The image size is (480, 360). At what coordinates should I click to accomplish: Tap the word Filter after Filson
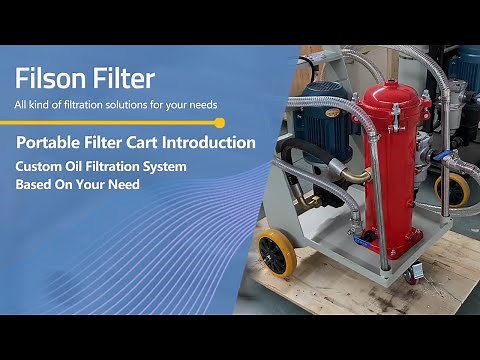121,77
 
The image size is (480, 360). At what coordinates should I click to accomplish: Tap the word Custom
37,166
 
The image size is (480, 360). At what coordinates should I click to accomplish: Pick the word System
162,166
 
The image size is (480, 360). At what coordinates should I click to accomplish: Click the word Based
34,184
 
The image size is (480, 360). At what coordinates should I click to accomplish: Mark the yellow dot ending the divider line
220,122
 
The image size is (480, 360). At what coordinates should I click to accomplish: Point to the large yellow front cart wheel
276,252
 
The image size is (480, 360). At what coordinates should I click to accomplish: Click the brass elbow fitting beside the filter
354,177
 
